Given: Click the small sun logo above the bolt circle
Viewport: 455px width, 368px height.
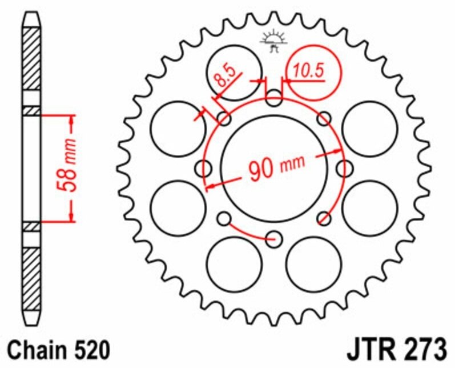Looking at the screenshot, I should (x=274, y=41).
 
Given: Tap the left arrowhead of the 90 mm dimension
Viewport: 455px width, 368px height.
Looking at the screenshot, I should (x=210, y=185).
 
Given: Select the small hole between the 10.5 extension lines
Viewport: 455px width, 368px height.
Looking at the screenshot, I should (x=275, y=101).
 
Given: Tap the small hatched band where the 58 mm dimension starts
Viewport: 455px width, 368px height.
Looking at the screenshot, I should (x=31, y=110).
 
